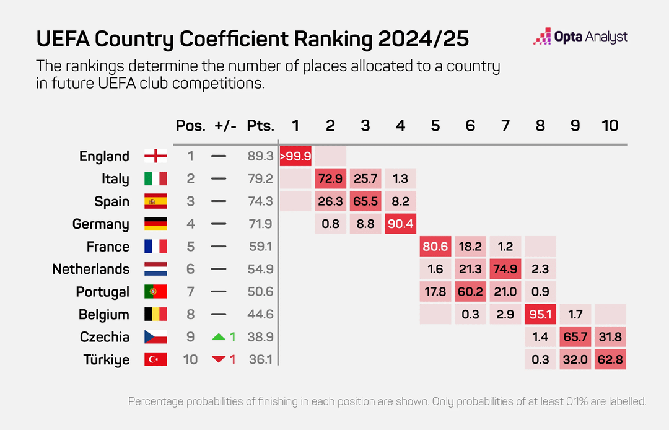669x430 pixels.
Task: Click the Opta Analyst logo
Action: tap(580, 37)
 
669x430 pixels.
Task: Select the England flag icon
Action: tap(155, 156)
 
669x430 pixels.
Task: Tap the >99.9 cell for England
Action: tap(295, 156)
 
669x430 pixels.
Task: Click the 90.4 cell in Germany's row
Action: tap(400, 224)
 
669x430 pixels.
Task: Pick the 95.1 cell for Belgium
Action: tap(540, 314)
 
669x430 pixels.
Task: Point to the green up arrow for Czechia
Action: tap(219, 336)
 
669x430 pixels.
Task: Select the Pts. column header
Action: tap(260, 125)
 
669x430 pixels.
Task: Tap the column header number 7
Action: tap(505, 125)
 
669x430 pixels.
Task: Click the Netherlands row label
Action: tap(91, 269)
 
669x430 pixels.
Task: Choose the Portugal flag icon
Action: tap(155, 291)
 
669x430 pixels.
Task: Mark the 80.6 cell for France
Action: tap(435, 247)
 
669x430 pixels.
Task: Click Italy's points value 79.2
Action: tap(260, 179)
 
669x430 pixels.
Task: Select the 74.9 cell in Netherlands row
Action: tap(505, 269)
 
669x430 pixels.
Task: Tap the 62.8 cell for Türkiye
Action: tap(610, 359)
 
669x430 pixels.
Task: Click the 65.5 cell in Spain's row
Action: tap(365, 201)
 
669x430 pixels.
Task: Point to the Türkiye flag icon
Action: tap(155, 359)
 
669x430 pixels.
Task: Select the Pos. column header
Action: tap(190, 125)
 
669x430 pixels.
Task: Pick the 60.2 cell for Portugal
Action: tap(470, 291)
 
